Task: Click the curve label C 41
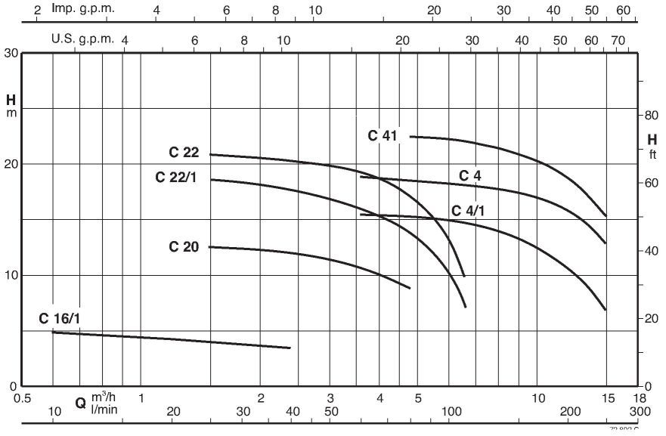pyautogui.click(x=383, y=136)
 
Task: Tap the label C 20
pyautogui.click(x=184, y=246)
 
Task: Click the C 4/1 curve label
pyautogui.click(x=467, y=210)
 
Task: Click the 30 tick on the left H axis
pyautogui.click(x=11, y=53)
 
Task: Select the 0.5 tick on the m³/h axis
pyautogui.click(x=23, y=397)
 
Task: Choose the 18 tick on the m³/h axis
pyautogui.click(x=640, y=397)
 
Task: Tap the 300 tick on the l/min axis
pyautogui.click(x=640, y=411)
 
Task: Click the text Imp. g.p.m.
pyautogui.click(x=82, y=11)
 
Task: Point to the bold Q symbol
pyautogui.click(x=80, y=404)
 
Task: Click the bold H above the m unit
pyautogui.click(x=11, y=100)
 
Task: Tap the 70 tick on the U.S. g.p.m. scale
pyautogui.click(x=618, y=39)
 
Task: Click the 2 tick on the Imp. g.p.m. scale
pyautogui.click(x=37, y=11)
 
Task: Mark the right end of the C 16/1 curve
pyautogui.click(x=290, y=348)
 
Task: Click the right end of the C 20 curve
pyautogui.click(x=410, y=288)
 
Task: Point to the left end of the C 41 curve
pyautogui.click(x=410, y=137)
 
